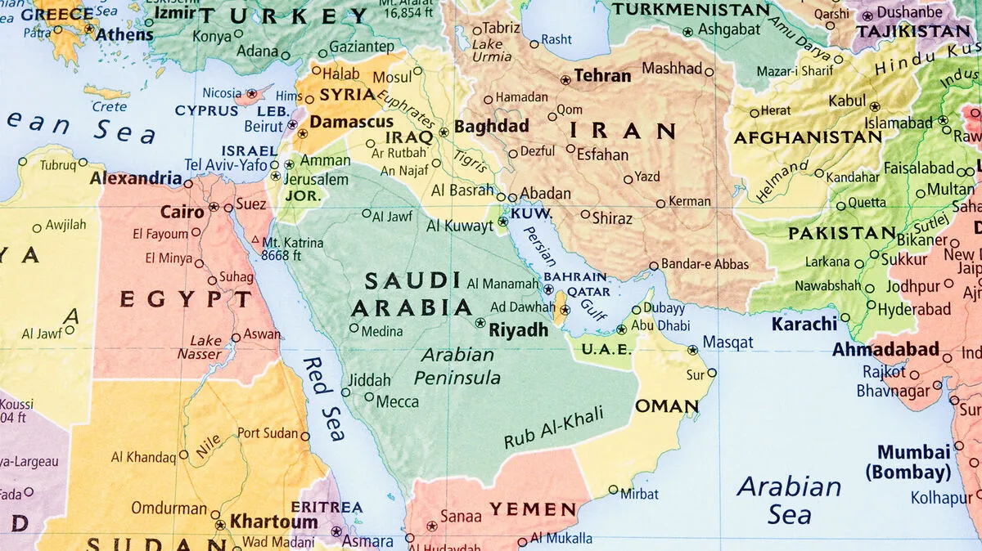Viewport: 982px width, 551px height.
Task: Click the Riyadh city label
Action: [x=518, y=330]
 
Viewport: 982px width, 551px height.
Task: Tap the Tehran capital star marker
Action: [x=565, y=80]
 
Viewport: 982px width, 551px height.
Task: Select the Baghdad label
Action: [x=491, y=127]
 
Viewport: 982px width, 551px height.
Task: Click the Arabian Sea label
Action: [x=789, y=500]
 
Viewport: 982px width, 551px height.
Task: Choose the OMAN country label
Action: [x=667, y=405]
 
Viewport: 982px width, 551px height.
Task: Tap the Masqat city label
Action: [x=727, y=343]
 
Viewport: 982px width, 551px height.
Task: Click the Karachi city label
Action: [x=804, y=324]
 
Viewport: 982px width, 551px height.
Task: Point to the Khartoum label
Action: [x=273, y=521]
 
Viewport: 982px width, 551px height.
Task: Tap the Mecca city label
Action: [x=397, y=401]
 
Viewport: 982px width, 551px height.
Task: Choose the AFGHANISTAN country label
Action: [x=807, y=137]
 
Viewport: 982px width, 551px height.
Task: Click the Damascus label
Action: [x=351, y=122]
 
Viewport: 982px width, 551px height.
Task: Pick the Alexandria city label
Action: [x=136, y=178]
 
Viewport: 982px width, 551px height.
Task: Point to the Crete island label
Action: [x=109, y=106]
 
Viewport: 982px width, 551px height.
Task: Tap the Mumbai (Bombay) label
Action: [x=914, y=462]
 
